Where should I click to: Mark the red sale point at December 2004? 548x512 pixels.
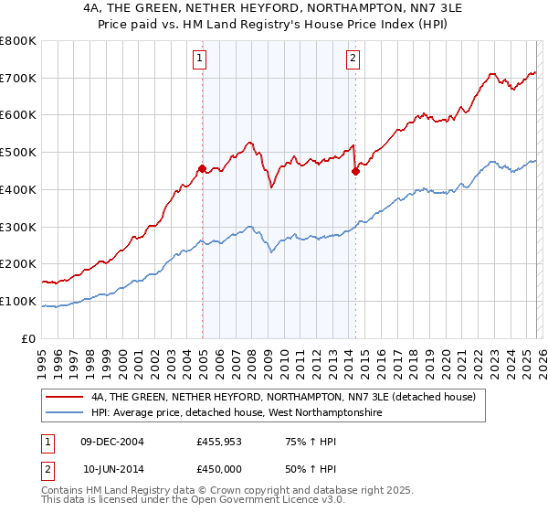coord(202,168)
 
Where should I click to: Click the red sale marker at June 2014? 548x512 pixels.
coord(355,171)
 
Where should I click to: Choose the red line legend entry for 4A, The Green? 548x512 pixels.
coord(284,398)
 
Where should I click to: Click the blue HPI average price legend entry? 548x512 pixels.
coord(237,414)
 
